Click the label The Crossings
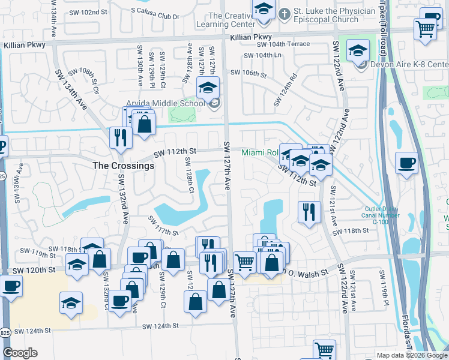124,165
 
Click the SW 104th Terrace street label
283,44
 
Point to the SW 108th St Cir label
88,81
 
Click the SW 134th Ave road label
71,87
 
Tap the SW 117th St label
164,229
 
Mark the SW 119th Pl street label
384,287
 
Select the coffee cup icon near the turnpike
406,163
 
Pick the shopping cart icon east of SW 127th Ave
244,262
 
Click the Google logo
20,353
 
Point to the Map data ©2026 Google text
412,355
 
